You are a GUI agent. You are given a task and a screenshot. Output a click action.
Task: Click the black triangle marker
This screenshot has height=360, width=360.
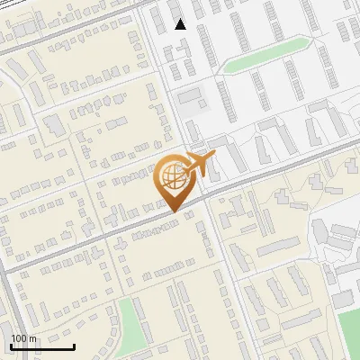tap(181, 24)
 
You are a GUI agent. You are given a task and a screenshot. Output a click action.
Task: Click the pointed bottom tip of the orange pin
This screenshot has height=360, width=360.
tap(174, 212)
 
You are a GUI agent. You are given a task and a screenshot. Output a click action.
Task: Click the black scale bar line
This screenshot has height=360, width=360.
tap(42, 346)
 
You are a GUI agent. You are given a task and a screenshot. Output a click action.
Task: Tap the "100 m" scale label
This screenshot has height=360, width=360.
tap(24, 337)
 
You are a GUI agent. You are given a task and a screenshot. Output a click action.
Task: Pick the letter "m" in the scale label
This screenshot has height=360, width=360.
tap(33, 337)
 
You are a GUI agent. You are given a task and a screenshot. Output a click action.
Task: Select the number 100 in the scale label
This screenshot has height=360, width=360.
tap(19, 337)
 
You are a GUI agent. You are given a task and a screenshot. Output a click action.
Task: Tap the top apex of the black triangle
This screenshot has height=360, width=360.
tap(181, 19)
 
